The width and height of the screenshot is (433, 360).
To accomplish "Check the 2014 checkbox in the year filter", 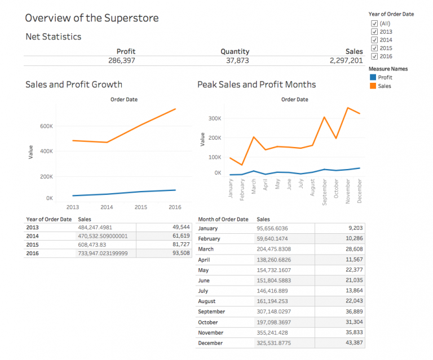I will [x=374, y=40].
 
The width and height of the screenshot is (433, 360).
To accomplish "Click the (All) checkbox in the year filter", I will [x=374, y=23].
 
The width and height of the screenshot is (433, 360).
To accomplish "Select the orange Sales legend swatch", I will [x=372, y=86].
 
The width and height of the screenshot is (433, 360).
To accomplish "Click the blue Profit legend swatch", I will [x=372, y=78].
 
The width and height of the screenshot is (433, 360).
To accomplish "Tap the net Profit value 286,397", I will [x=121, y=60].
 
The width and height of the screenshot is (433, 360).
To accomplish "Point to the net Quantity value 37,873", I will [x=235, y=60].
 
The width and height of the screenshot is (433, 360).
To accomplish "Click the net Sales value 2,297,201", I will [x=346, y=60].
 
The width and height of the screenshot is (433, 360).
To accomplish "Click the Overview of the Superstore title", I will [x=92, y=18].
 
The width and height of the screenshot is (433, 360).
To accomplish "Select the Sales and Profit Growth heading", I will [x=74, y=85].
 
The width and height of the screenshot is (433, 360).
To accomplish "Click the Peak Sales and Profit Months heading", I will [x=257, y=85].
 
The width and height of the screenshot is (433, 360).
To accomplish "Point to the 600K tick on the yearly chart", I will [x=46, y=126].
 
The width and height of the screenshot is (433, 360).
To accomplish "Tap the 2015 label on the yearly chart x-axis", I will [x=141, y=207].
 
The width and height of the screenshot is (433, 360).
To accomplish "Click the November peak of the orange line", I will [x=348, y=108].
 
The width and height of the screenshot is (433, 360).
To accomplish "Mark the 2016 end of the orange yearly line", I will [x=175, y=109].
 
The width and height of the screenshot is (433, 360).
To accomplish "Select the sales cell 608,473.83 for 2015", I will [x=92, y=245].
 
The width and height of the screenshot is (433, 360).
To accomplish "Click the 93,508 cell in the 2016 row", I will [x=181, y=254].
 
